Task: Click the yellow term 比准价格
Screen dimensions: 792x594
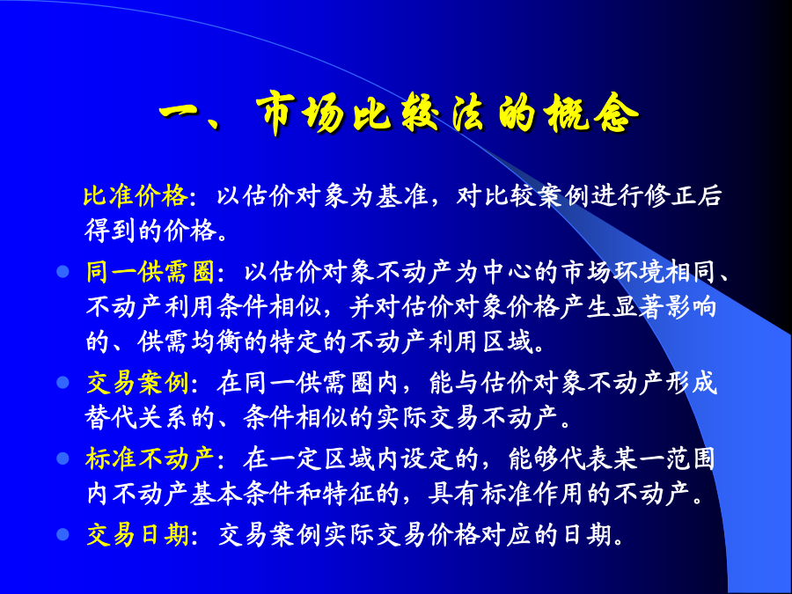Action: (x=136, y=196)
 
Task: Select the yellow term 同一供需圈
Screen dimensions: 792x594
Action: (x=150, y=272)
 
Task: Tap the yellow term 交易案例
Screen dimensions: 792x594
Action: (x=137, y=383)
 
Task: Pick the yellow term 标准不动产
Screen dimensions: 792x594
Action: (x=150, y=458)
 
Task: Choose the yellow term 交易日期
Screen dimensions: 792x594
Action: (x=137, y=534)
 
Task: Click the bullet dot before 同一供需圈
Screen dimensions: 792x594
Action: (x=62, y=272)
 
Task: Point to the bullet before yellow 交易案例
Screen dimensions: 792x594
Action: (x=62, y=383)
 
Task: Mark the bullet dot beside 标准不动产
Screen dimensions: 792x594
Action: (x=62, y=458)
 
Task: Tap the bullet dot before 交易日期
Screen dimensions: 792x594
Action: (x=62, y=534)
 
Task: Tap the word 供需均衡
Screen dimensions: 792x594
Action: (x=190, y=342)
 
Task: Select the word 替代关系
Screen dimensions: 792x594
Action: (x=137, y=418)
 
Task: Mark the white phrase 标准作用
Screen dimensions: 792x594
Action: (x=532, y=494)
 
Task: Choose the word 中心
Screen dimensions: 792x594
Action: (x=507, y=272)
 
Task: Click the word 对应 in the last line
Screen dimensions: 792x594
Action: (x=506, y=534)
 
